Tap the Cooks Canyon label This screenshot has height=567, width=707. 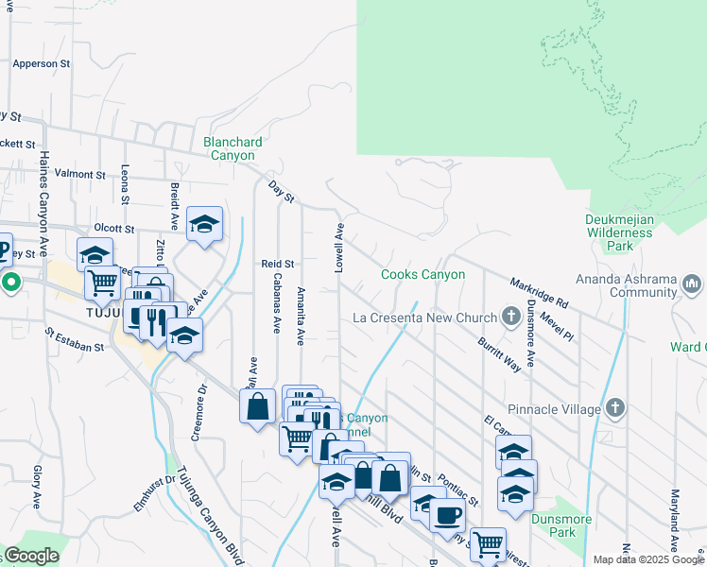[422, 275]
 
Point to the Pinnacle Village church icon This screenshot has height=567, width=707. [614, 408]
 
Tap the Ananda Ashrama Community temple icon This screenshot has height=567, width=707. [691, 283]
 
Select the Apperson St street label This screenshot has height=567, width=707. [42, 64]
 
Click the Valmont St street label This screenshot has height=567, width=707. [80, 175]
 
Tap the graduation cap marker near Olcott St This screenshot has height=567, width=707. [204, 224]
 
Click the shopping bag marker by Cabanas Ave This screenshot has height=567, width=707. [258, 406]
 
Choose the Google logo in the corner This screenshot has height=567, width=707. [31, 556]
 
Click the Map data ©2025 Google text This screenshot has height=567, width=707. [649, 559]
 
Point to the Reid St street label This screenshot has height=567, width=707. [278, 264]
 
